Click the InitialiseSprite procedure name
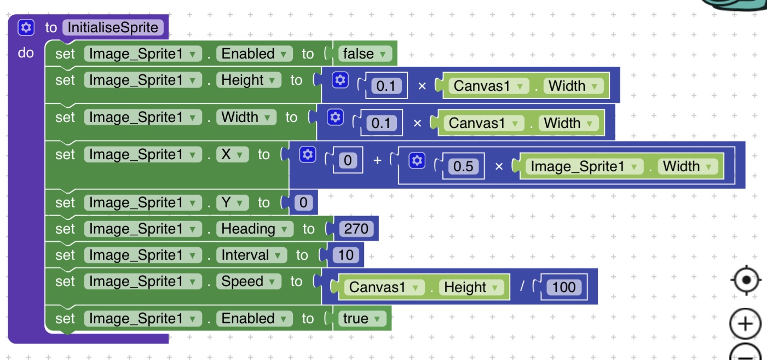[113, 27]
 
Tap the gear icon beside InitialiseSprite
[26, 27]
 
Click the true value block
[362, 318]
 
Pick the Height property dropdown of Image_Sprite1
[248, 80]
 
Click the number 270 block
[356, 228]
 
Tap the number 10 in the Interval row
[346, 255]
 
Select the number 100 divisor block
[564, 287]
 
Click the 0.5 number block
[463, 166]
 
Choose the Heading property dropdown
[254, 229]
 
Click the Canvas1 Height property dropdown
[471, 287]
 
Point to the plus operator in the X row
[377, 160]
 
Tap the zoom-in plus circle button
[745, 324]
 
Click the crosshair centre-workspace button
[745, 281]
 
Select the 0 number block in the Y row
[303, 203]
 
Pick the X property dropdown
[232, 155]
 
